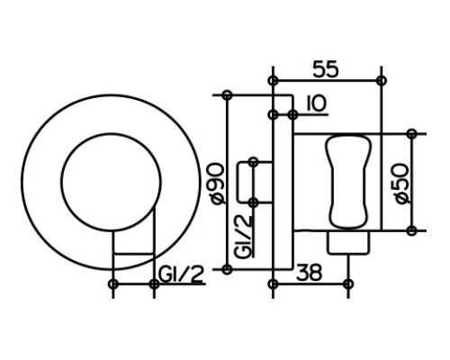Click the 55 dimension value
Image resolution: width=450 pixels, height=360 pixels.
(326, 68)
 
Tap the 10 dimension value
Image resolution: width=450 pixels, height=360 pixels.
(316, 103)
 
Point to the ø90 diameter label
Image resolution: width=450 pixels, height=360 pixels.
(217, 184)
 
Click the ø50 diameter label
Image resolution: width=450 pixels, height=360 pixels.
(401, 184)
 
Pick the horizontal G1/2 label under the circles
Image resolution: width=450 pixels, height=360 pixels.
(181, 274)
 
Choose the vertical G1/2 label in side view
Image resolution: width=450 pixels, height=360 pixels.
(243, 237)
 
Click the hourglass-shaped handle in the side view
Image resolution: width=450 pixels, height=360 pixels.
(349, 182)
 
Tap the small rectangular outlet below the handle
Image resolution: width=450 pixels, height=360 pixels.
(348, 243)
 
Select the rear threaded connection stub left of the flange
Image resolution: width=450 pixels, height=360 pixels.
(255, 182)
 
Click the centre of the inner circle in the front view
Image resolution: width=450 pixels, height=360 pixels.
(112, 182)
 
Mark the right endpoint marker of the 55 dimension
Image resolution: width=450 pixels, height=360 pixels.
(382, 80)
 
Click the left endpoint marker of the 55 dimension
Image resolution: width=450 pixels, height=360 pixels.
(273, 80)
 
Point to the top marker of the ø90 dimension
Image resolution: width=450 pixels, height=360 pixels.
(227, 95)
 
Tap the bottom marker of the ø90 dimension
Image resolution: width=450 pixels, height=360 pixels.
(227, 269)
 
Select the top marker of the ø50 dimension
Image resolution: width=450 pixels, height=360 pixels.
(412, 133)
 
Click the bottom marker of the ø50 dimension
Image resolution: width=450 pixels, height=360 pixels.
(412, 230)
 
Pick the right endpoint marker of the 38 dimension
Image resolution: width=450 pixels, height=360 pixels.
(348, 283)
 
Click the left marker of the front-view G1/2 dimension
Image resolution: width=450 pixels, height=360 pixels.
(113, 283)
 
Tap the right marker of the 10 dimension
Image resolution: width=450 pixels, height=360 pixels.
(292, 114)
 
